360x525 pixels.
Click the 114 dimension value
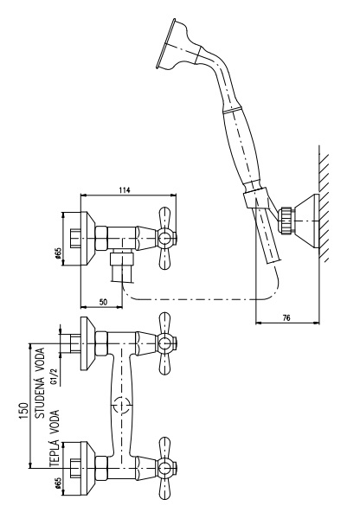pos(124,190)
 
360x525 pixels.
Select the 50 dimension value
pos(104,302)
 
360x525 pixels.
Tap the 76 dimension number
pos(286,317)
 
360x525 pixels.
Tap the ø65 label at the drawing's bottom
pos(57,483)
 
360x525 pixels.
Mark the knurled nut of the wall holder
pos(286,221)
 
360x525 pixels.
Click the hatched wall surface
pos(324,203)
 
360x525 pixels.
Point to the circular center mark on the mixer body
pos(121,405)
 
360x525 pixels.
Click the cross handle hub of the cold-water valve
pos(164,343)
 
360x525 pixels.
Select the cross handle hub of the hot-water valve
pos(164,468)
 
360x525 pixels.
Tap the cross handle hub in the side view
pos(164,239)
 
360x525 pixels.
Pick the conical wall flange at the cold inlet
pos(87,343)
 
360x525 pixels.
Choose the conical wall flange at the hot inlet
pos(87,468)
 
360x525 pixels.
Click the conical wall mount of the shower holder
pos(305,221)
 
